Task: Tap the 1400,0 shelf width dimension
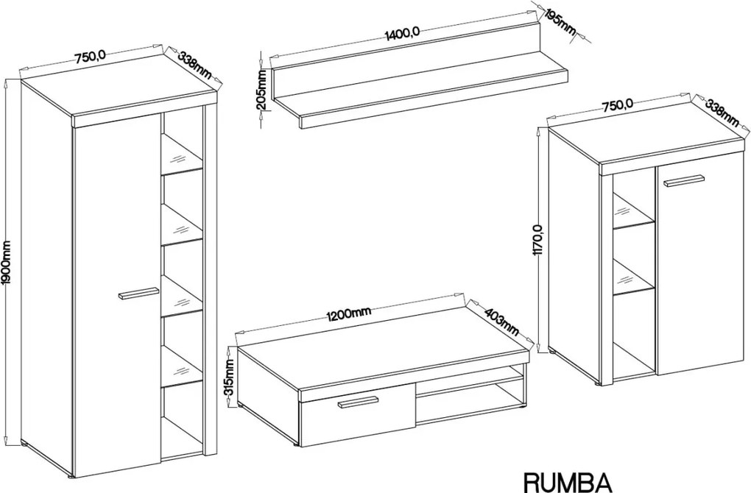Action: click(x=402, y=34)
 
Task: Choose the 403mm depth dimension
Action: click(x=502, y=322)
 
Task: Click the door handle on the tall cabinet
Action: click(x=138, y=294)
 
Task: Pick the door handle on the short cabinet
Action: click(x=683, y=182)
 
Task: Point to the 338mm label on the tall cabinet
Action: click(x=194, y=65)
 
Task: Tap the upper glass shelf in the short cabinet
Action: click(x=634, y=210)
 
